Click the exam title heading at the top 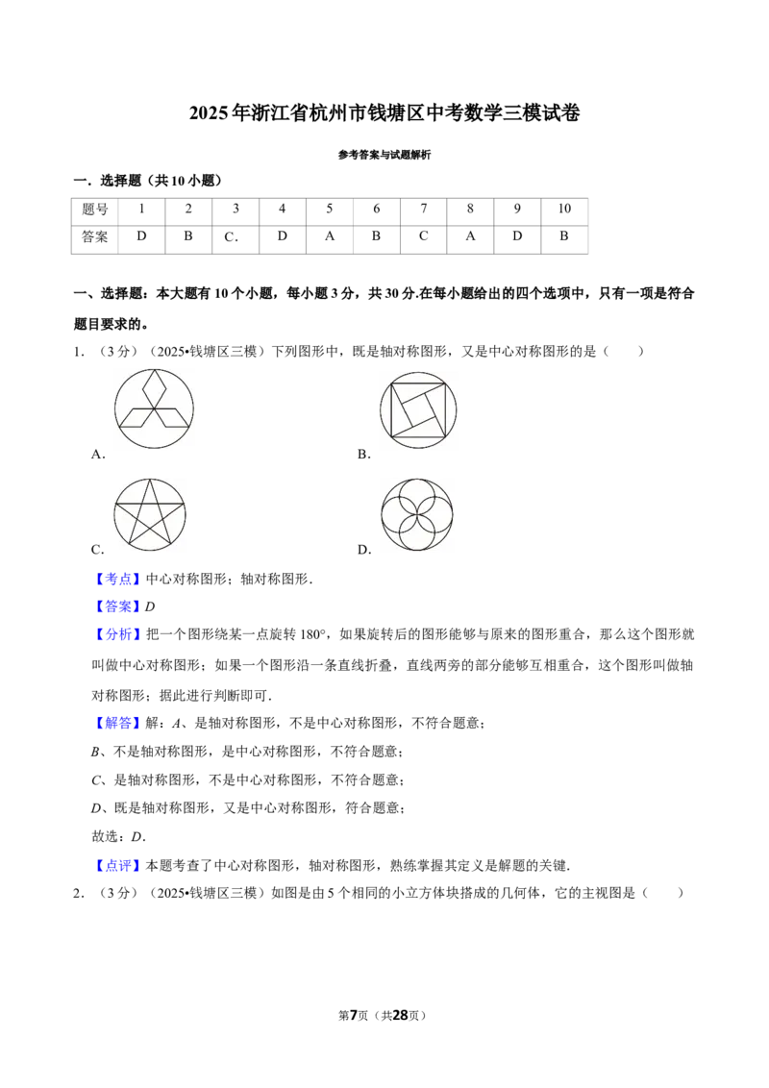pyautogui.click(x=384, y=112)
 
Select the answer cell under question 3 pyautogui.click(x=236, y=237)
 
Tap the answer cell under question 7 pyautogui.click(x=423, y=237)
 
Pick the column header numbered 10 pyautogui.click(x=564, y=210)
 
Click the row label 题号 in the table pyautogui.click(x=95, y=210)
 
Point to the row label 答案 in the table pyautogui.click(x=95, y=237)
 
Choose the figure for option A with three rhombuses pyautogui.click(x=154, y=408)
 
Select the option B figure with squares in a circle pyautogui.click(x=418, y=409)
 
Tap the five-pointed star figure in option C pyautogui.click(x=150, y=514)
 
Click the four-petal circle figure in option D pyautogui.click(x=417, y=514)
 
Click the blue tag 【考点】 pyautogui.click(x=118, y=580)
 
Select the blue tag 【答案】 pyautogui.click(x=118, y=606)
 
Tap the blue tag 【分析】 pyautogui.click(x=118, y=634)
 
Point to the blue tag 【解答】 pyautogui.click(x=118, y=723)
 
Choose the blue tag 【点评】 pyautogui.click(x=118, y=865)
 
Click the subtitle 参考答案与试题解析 pyautogui.click(x=384, y=155)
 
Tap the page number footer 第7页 pyautogui.click(x=354, y=1015)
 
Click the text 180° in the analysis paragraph pyautogui.click(x=313, y=634)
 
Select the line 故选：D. pyautogui.click(x=118, y=837)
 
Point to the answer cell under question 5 pyautogui.click(x=330, y=237)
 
